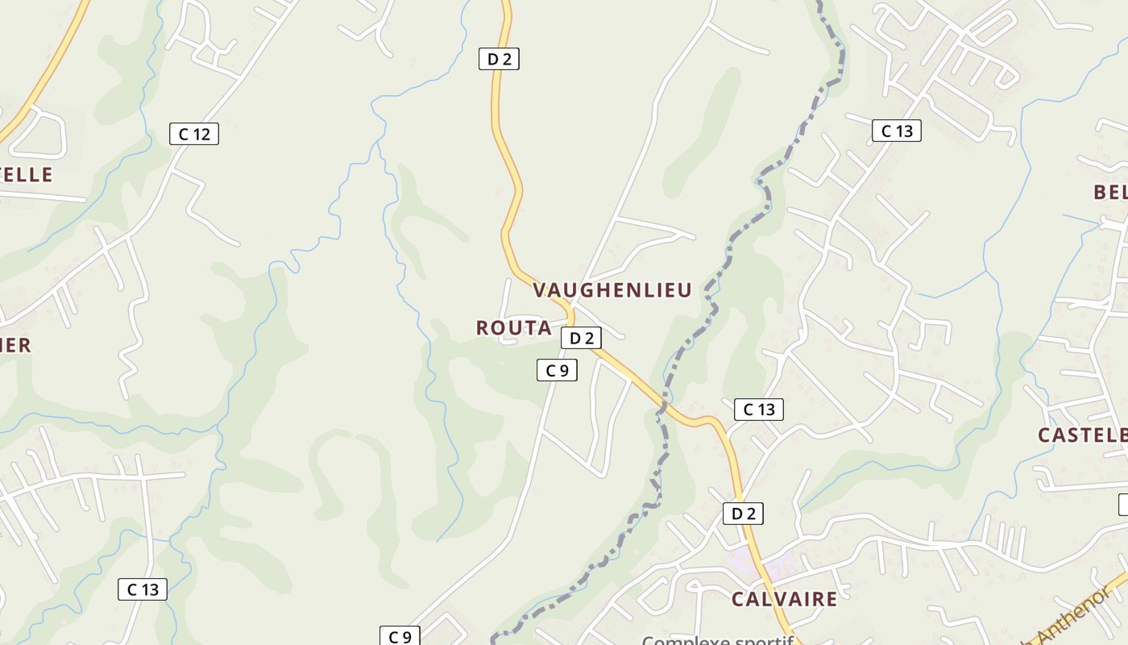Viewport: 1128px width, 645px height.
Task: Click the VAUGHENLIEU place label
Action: click(x=612, y=290)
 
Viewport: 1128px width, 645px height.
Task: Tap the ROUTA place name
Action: click(x=513, y=328)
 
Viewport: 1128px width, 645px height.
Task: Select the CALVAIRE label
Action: click(x=784, y=599)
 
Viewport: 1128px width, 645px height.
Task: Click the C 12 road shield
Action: click(x=194, y=134)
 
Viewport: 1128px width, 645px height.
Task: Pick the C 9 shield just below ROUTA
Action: click(x=557, y=370)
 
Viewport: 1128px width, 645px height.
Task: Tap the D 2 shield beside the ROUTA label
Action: click(x=581, y=338)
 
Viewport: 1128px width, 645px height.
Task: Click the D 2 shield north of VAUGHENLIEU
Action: click(x=499, y=58)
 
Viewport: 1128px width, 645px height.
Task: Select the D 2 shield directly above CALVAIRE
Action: click(x=742, y=514)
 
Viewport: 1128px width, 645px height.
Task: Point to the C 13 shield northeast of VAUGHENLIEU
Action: click(x=896, y=131)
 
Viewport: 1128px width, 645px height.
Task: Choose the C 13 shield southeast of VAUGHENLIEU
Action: click(x=758, y=410)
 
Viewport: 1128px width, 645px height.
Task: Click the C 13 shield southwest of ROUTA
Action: click(x=143, y=589)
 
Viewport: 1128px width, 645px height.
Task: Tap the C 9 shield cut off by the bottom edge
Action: click(x=400, y=636)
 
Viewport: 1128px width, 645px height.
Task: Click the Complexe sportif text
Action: click(x=717, y=639)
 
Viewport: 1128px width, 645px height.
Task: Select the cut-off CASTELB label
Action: click(x=1082, y=435)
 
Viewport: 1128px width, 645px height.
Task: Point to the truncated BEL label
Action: click(x=1109, y=192)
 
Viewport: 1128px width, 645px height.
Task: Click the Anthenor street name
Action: click(x=1072, y=621)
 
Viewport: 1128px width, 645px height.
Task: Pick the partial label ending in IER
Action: click(x=15, y=346)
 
